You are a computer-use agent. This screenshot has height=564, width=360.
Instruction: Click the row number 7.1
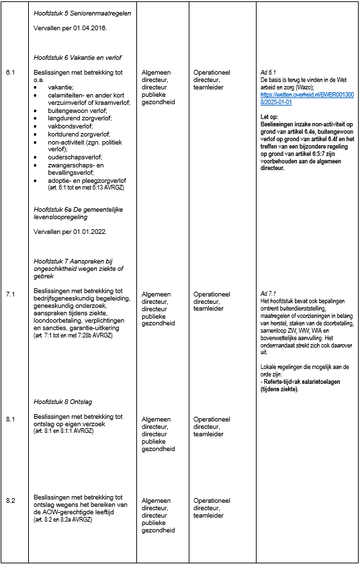(10, 294)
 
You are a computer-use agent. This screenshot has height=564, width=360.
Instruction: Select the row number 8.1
(10, 419)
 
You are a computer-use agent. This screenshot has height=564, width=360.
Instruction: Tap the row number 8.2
(10, 501)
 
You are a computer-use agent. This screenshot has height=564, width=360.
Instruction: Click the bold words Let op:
(269, 117)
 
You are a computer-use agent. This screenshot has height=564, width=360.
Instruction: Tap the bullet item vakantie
(60, 86)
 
